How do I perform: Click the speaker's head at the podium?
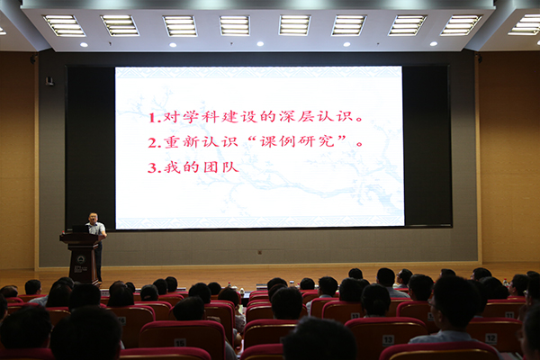point(93,218)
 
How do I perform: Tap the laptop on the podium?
point(81,229)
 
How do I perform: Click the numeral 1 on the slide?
point(152,118)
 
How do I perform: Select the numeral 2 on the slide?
point(152,142)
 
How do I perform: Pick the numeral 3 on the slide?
point(152,167)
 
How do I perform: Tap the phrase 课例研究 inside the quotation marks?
point(298,141)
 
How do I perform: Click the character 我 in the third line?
point(172,167)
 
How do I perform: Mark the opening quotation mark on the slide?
point(251,138)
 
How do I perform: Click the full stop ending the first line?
point(359,121)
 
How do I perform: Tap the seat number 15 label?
point(180,342)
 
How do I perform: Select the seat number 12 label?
point(490,338)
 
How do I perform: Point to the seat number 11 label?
point(509,314)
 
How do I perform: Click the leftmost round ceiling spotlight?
point(84,45)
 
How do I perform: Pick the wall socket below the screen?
point(260,253)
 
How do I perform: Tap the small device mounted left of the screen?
point(49,81)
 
